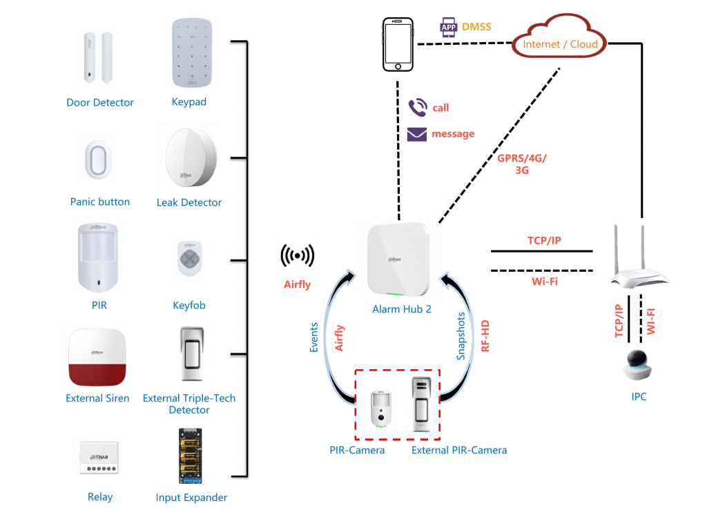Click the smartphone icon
(398, 44)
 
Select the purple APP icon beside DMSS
(449, 28)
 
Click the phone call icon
(417, 107)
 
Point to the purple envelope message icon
(416, 134)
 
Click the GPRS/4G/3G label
(522, 164)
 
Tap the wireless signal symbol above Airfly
(297, 256)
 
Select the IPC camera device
(639, 365)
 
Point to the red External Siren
(97, 357)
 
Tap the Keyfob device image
(188, 258)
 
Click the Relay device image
(99, 458)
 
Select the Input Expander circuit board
(190, 455)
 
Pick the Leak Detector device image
(190, 160)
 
